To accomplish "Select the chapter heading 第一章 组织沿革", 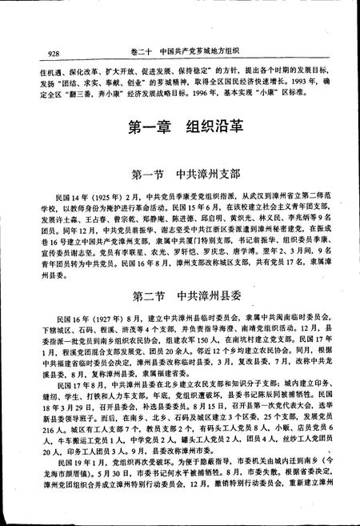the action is click(180, 128).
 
